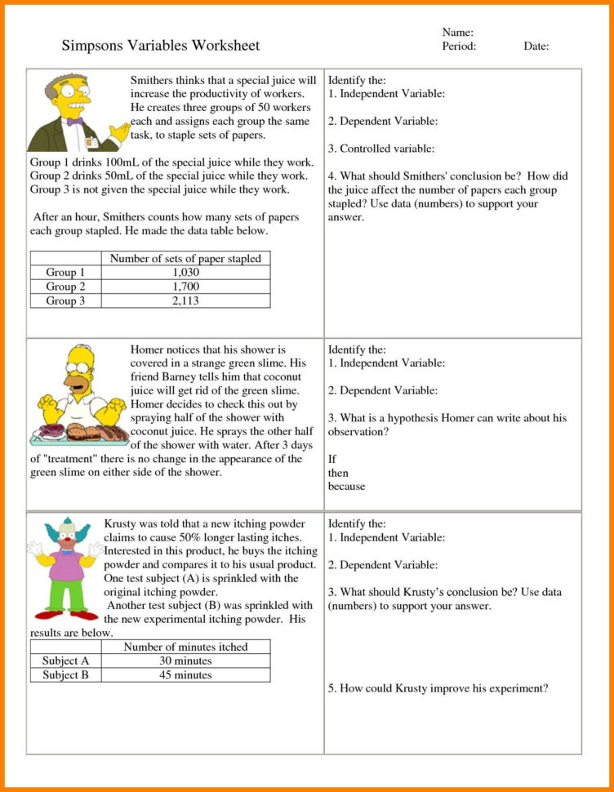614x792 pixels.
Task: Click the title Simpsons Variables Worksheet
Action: [x=161, y=46]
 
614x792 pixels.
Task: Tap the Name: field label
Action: [x=458, y=33]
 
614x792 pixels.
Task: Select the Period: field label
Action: [x=459, y=47]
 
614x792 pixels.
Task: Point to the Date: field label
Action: [x=536, y=47]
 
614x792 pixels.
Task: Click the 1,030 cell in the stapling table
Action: [x=186, y=273]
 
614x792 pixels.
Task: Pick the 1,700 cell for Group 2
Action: [x=186, y=287]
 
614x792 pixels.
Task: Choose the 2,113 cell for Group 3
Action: [x=186, y=300]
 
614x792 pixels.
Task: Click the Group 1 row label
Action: [x=65, y=273]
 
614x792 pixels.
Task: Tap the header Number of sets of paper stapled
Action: [x=185, y=259]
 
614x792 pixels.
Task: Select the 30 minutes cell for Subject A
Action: [x=185, y=661]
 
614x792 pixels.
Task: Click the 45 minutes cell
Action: [x=185, y=675]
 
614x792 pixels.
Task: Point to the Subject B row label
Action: [x=65, y=675]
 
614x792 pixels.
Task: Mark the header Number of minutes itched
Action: [x=185, y=647]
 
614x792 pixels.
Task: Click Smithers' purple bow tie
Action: [x=75, y=121]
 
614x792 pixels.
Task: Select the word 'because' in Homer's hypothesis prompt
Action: [x=347, y=487]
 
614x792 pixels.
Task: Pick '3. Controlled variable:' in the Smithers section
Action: [x=381, y=149]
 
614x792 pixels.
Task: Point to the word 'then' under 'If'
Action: [x=338, y=473]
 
